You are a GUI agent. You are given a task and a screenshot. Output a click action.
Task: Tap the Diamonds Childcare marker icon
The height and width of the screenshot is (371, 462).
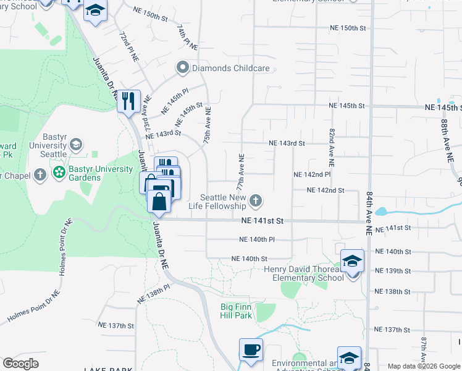[182, 68]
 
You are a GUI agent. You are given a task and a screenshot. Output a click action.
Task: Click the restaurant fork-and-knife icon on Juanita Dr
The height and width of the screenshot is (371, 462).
[129, 100]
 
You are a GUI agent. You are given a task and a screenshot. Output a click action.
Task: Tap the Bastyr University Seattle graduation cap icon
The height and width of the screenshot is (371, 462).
[76, 145]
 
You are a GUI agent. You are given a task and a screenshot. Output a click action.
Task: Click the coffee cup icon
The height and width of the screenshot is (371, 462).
[251, 349]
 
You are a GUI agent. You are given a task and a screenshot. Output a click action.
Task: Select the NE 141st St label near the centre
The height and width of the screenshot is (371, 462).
[262, 220]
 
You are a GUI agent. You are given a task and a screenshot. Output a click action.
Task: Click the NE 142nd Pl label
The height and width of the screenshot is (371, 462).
[312, 175]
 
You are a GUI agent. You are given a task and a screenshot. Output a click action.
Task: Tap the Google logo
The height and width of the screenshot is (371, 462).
[21, 364]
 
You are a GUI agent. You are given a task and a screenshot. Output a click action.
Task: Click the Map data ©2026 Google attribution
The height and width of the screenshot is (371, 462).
[423, 366]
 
